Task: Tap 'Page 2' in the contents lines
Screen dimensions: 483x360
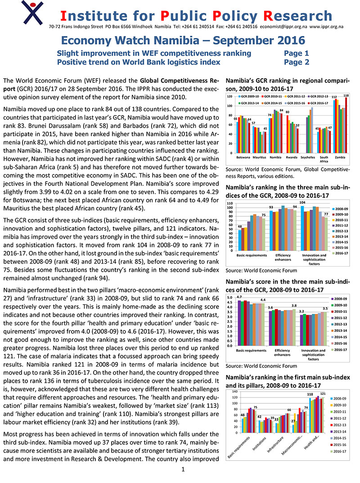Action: [x=297, y=62]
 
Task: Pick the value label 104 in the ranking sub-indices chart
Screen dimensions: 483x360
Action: [x=302, y=203]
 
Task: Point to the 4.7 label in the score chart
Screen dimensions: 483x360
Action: [x=239, y=298]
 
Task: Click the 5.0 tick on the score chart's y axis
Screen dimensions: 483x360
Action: [x=229, y=298]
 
